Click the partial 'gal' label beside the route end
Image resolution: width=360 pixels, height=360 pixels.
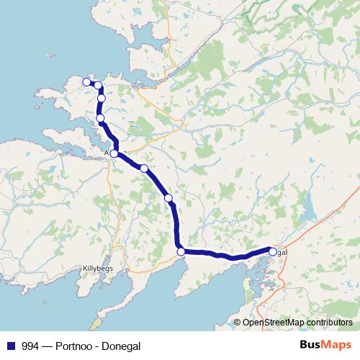[282, 252]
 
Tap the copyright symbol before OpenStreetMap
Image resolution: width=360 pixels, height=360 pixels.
[238, 323]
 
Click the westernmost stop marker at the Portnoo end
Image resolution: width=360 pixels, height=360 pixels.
[87, 82]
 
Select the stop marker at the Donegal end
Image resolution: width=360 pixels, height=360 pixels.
[273, 252]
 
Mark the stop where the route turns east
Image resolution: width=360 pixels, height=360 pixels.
[181, 251]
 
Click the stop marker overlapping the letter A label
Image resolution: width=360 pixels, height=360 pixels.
[114, 153]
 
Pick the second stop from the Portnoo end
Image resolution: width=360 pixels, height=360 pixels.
[97, 86]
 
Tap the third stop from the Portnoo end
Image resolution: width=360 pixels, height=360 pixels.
[102, 99]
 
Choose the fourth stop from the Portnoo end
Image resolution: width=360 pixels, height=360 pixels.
[100, 118]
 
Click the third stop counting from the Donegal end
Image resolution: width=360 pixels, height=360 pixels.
[168, 197]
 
